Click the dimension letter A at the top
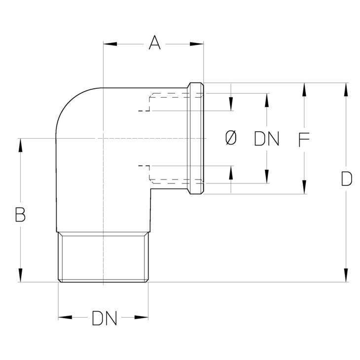coord(154,42)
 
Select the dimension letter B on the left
coord(20,215)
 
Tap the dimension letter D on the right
coord(347,179)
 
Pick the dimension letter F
coord(304,140)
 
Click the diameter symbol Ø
coord(231,138)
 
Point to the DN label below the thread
coord(105,318)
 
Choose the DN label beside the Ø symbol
coord(267,139)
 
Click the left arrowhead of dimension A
coord(110,44)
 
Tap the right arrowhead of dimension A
coord(197,44)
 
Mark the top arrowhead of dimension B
coord(20,145)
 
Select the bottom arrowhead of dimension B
coord(20,275)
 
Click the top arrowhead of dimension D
coord(347,90)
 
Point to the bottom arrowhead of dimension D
coord(347,275)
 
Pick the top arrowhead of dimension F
coord(304,90)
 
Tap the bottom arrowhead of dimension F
coord(304,187)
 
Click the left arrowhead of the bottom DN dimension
coord(65,317)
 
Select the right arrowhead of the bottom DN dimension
coord(142,317)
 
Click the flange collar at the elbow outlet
coord(195,139)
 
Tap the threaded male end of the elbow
coord(104,257)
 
